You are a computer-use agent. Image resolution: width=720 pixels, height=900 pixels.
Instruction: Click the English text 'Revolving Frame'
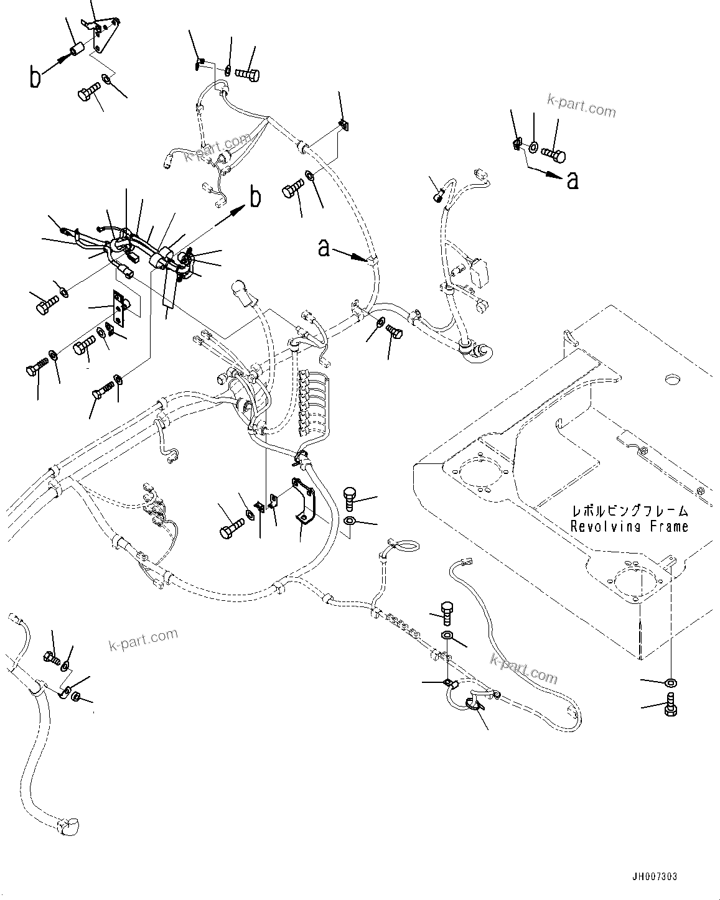pyautogui.click(x=629, y=526)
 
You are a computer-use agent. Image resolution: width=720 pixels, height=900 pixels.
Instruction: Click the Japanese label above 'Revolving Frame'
pyautogui.click(x=629, y=511)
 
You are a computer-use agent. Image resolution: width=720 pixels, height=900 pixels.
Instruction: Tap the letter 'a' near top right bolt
pyautogui.click(x=573, y=180)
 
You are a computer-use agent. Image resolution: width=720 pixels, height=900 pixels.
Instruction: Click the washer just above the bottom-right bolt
pyautogui.click(x=670, y=683)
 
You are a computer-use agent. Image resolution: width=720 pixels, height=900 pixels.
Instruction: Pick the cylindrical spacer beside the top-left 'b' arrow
pyautogui.click(x=77, y=49)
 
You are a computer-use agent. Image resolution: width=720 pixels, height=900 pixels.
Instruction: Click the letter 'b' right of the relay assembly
pyautogui.click(x=255, y=197)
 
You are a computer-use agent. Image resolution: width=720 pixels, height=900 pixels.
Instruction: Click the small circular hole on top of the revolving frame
pyautogui.click(x=671, y=378)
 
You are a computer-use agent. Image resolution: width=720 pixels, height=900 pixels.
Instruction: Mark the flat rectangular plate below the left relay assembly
pyautogui.click(x=119, y=309)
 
